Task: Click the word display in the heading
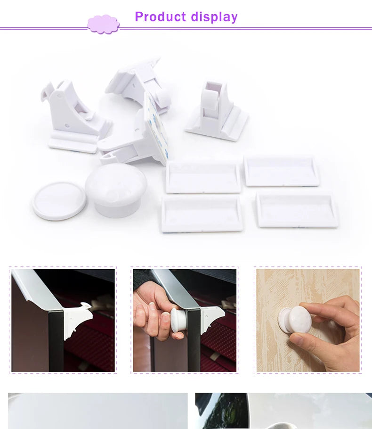click(214, 17)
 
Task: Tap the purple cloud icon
click(103, 24)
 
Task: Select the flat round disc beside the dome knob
click(59, 201)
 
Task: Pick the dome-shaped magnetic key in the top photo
click(115, 189)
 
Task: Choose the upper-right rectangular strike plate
click(281, 170)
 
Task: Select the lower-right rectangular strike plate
click(297, 209)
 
